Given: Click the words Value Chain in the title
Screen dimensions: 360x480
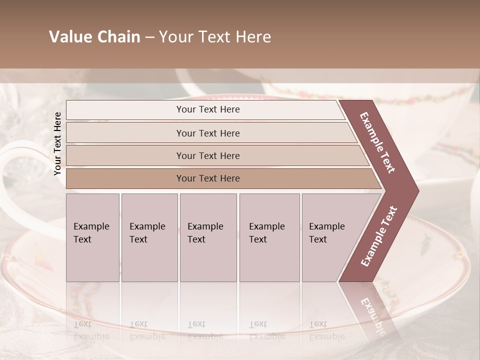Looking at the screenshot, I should point(94,37).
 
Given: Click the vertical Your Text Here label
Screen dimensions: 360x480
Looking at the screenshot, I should point(57,143).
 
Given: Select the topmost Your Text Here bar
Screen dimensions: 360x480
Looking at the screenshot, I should point(208,109).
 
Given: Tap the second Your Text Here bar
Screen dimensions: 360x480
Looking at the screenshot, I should point(208,133).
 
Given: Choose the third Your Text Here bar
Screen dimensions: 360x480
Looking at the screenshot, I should point(208,155).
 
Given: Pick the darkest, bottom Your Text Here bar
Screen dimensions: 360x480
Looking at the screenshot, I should point(208,178).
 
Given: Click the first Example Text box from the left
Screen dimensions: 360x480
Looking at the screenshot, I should point(92,237).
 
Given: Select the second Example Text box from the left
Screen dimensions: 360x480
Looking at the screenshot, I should point(149,237).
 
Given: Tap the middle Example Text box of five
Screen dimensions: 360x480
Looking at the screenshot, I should point(208,237).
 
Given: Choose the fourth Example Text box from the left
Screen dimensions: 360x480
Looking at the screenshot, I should point(269,237).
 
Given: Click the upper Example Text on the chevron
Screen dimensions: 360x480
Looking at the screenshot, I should point(378,143).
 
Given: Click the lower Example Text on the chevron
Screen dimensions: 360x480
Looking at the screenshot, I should point(379,236).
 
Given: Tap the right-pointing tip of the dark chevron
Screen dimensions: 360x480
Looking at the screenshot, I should point(416,190).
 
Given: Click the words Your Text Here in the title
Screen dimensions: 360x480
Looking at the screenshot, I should point(215,37).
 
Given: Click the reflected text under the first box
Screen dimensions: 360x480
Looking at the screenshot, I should point(91,330).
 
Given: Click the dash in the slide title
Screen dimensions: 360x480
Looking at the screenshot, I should point(149,37).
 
